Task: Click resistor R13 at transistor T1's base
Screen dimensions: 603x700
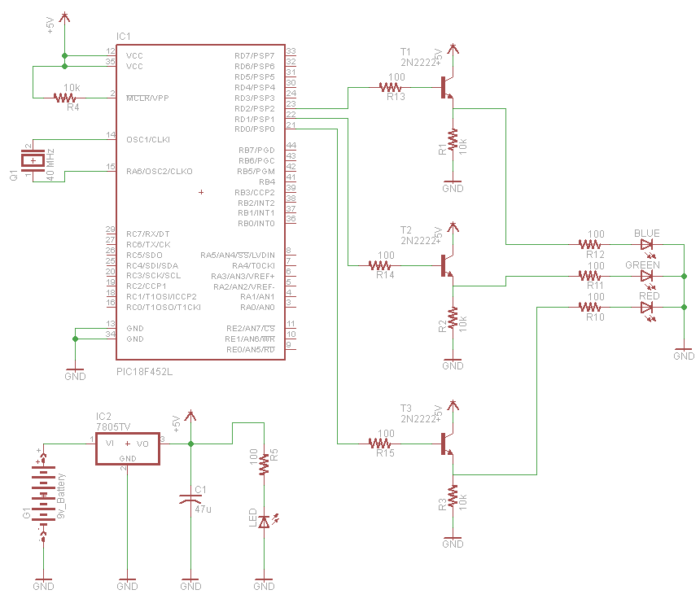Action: (x=396, y=86)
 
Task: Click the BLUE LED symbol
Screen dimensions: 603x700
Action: (x=648, y=243)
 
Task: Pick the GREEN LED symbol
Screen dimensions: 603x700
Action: (x=648, y=276)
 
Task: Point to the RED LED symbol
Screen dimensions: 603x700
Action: (x=648, y=307)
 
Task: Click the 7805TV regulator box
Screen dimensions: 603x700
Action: (x=127, y=449)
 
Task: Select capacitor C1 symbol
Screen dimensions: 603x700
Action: (x=190, y=499)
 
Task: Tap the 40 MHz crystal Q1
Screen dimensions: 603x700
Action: (x=33, y=161)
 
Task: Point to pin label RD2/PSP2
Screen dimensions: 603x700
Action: (x=254, y=108)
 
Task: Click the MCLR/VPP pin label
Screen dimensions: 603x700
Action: (x=147, y=98)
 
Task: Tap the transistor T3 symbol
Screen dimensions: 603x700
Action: (x=447, y=444)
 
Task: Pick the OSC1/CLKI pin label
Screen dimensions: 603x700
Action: (x=148, y=139)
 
